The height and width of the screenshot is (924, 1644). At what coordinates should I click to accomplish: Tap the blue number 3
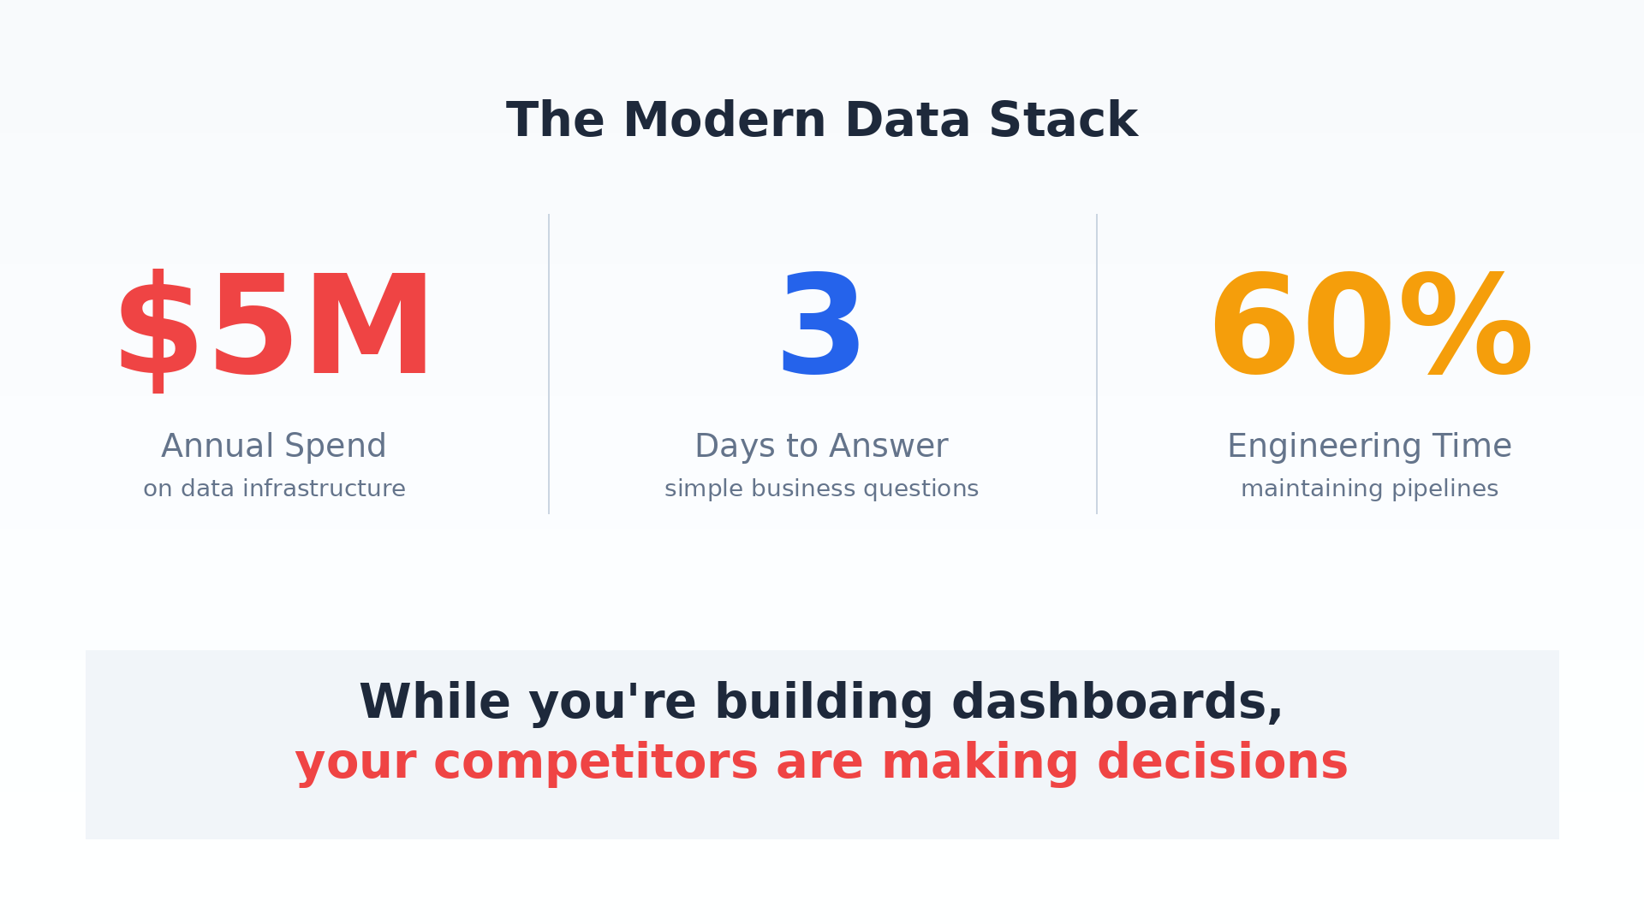click(820, 323)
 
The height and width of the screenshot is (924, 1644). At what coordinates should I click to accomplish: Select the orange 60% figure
click(1370, 323)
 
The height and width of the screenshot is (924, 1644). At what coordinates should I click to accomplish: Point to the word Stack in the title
click(1063, 121)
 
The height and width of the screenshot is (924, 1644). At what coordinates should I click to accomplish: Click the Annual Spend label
click(274, 446)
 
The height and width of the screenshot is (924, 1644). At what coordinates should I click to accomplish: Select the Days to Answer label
click(821, 446)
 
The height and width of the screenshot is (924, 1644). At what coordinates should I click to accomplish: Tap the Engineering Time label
click(1369, 446)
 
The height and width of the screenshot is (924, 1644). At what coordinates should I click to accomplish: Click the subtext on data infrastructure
click(274, 489)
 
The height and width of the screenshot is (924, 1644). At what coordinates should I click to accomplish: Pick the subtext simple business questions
click(821, 489)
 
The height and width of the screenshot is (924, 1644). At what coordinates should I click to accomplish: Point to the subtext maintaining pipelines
click(1369, 489)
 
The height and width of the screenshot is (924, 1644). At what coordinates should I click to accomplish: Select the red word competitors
click(596, 763)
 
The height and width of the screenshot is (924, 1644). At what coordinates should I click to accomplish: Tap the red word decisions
click(1222, 762)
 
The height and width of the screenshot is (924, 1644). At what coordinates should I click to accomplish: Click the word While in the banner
click(434, 702)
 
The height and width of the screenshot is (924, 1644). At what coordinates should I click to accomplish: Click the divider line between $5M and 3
click(549, 364)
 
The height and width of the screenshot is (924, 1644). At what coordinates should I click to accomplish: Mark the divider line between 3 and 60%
click(1097, 364)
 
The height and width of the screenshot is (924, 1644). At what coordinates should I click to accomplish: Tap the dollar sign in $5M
click(158, 330)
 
